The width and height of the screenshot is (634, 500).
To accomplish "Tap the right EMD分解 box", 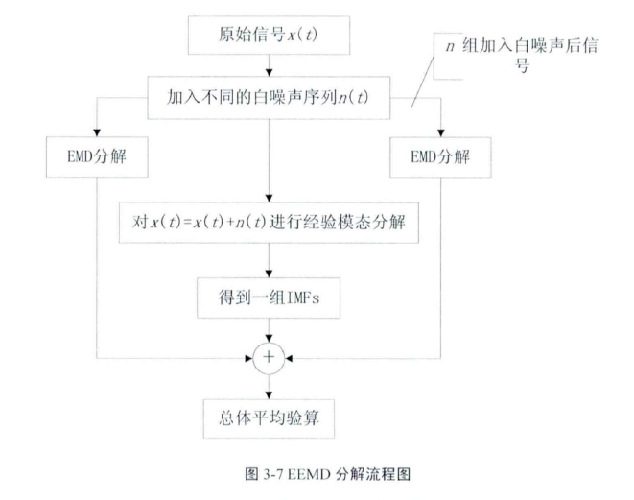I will point(443,152).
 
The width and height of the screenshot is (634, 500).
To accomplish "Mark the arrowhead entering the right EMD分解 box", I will point(443,131).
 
